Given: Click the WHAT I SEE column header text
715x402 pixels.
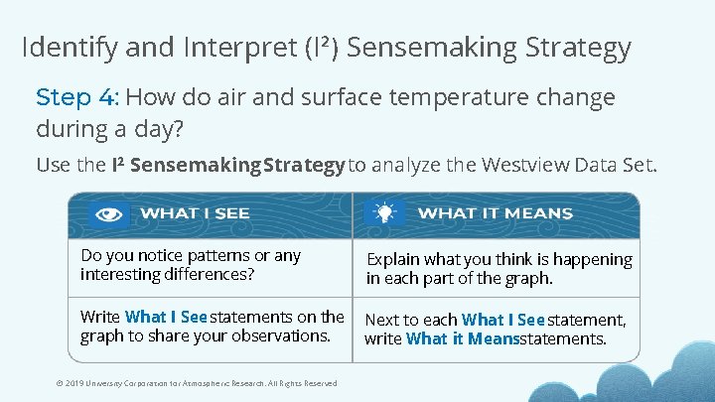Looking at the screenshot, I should [195, 213].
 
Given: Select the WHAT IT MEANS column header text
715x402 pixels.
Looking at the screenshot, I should [495, 213].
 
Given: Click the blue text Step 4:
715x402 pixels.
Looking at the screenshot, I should [77, 97].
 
